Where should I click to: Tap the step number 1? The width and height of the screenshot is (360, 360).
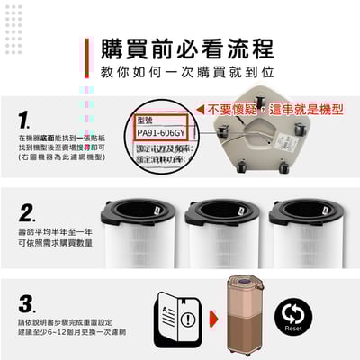coord(25,120)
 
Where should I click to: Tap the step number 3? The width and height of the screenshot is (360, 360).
coord(27,303)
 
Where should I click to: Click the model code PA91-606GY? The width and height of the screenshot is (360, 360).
coord(163,134)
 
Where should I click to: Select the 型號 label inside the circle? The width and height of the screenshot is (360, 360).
coord(146,120)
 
